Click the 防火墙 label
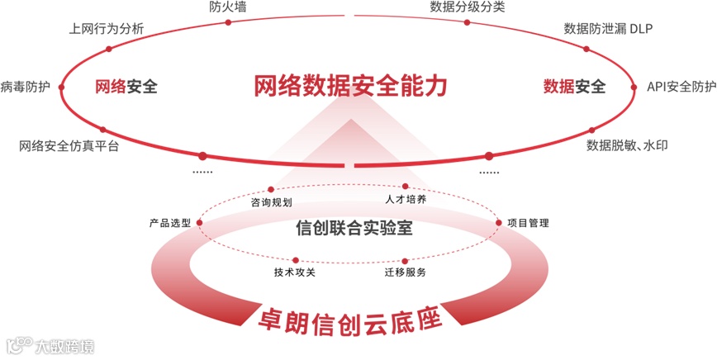click(227, 7)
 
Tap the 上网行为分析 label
click(107, 29)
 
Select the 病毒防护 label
click(26, 86)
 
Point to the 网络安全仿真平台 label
click(69, 147)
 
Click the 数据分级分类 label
click(468, 7)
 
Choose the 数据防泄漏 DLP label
click(609, 29)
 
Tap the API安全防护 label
click(681, 86)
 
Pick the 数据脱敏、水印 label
click(627, 145)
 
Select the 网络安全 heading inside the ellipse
click(126, 86)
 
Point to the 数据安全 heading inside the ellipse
click(574, 86)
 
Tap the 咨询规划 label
click(271, 201)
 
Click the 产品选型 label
click(170, 223)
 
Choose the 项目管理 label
click(528, 223)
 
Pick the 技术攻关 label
click(295, 272)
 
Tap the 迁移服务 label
click(405, 272)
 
